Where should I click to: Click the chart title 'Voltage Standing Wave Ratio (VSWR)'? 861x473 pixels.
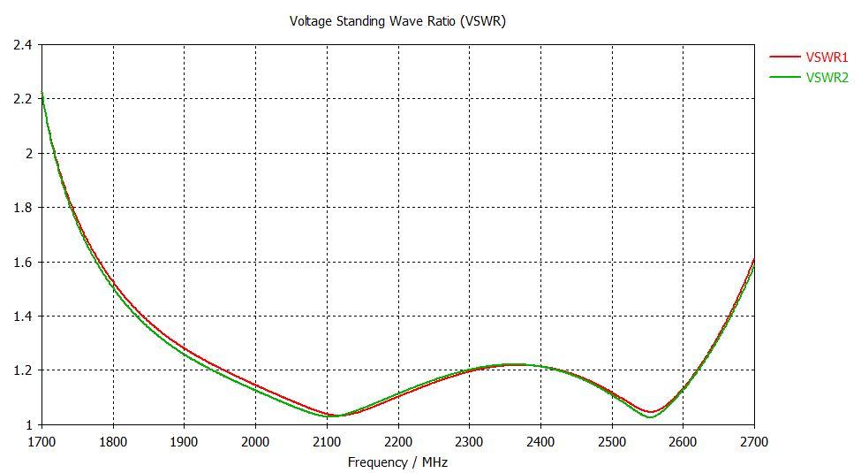[x=397, y=21]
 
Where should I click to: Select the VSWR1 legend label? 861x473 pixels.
[x=827, y=57]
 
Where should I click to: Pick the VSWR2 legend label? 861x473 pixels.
[x=827, y=78]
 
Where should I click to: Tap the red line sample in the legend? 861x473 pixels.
[x=784, y=57]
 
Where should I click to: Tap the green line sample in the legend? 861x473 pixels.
[x=784, y=78]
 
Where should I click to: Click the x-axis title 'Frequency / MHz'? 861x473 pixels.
[x=397, y=462]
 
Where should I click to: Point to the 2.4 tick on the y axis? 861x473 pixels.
[x=23, y=44]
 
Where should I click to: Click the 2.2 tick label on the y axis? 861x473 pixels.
[x=23, y=99]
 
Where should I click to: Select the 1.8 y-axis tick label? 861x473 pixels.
[x=23, y=208]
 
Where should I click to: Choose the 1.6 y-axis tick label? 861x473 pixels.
[x=23, y=262]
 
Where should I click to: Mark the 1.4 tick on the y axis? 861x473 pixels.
[x=23, y=316]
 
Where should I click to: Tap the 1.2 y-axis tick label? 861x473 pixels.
[x=23, y=370]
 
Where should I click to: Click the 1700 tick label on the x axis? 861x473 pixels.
[x=42, y=440]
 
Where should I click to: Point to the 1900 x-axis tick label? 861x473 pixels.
[x=184, y=440]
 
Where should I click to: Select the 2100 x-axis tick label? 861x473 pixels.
[x=327, y=440]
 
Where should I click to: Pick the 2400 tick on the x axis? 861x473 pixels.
[x=540, y=440]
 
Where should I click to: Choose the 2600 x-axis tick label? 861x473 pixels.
[x=683, y=440]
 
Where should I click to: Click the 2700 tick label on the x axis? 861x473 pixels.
[x=753, y=440]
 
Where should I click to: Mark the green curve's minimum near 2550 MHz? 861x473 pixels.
[x=649, y=417]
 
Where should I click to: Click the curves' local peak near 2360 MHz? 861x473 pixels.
[x=514, y=364]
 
